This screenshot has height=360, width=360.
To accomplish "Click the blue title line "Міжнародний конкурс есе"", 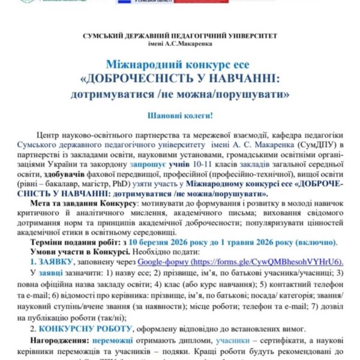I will tap(180, 64).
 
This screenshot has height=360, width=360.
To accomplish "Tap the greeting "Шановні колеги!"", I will tap(180, 114).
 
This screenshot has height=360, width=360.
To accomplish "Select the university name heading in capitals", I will tap(180, 35).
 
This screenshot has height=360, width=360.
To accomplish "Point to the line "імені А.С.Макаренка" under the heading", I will tap(180, 44).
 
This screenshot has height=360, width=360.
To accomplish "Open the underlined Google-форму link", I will tap(158, 262).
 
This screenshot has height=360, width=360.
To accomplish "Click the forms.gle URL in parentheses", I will tap(262, 262).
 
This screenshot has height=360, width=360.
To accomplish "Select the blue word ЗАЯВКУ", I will tap(55, 262).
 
